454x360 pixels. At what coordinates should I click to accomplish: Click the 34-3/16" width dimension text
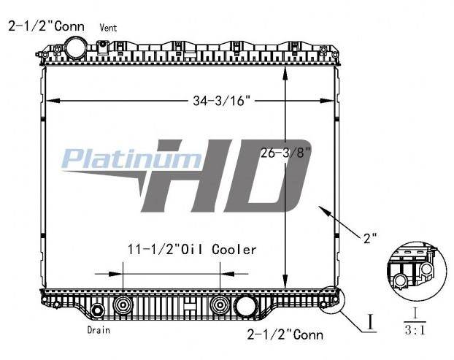point(221,101)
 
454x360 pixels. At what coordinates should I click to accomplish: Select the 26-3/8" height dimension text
point(286,153)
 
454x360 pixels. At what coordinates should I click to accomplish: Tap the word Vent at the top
point(108,28)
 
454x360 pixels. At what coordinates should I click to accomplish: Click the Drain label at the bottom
point(99,330)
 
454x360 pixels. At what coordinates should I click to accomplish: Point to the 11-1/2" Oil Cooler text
point(192,250)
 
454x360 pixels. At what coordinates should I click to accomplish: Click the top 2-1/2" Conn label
point(46,26)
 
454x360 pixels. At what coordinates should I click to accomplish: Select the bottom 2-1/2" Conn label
point(285,334)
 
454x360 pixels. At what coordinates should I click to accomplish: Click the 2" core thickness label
point(370,238)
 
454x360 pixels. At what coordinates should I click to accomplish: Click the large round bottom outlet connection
point(246,306)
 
